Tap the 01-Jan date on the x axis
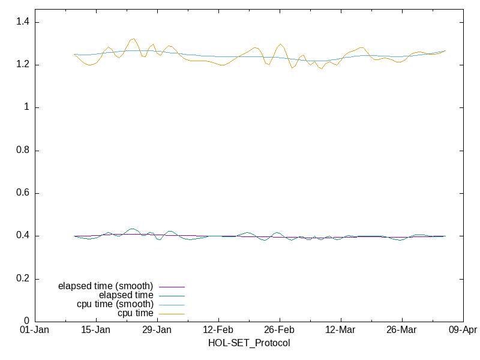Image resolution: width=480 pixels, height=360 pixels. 35,330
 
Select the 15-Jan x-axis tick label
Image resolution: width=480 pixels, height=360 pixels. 96,330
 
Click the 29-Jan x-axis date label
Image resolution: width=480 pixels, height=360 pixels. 157,330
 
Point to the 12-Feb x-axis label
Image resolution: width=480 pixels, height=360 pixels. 218,330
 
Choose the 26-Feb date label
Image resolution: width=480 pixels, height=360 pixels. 280,330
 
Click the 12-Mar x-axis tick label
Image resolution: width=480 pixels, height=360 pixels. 340,330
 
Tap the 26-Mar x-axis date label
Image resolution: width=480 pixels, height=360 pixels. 401,330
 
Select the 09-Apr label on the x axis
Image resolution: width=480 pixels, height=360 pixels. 463,330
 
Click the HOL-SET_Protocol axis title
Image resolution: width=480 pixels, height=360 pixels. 249,343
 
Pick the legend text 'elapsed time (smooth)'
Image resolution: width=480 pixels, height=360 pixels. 106,286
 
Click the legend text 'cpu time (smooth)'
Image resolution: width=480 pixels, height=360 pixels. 115,304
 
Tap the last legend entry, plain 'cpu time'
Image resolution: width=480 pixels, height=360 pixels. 135,313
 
